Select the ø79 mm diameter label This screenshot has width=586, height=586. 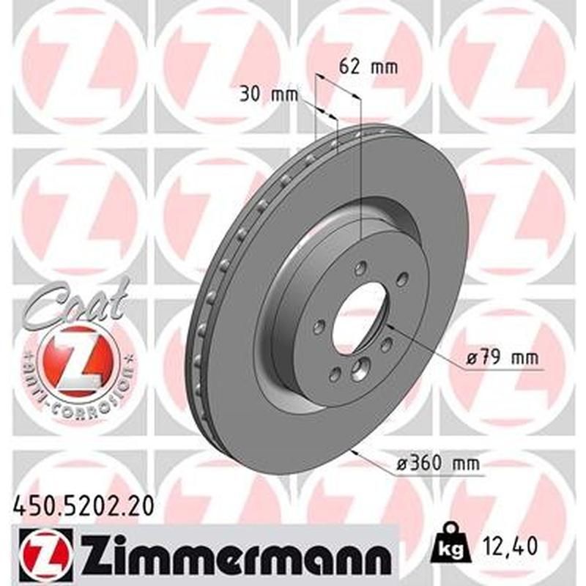tap(502, 359)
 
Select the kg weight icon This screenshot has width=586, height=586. tap(448, 544)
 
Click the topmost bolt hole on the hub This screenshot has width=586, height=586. tap(364, 269)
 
